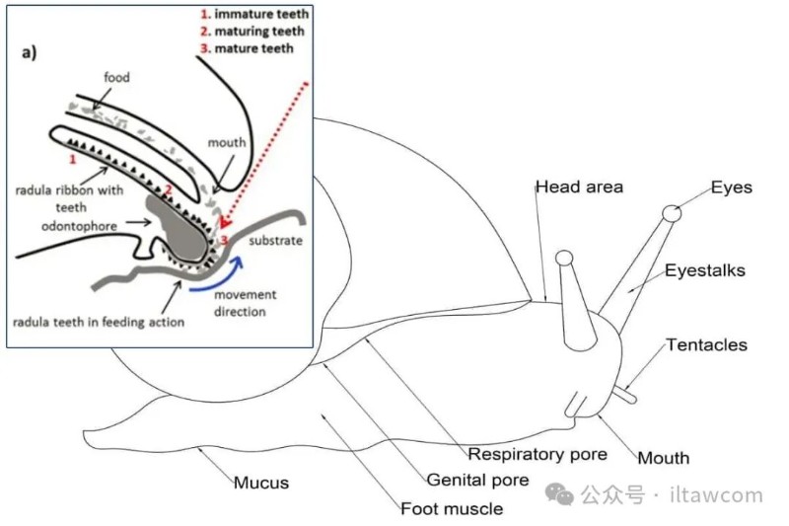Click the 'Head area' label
click(579, 188)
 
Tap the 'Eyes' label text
click(731, 187)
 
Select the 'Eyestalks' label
click(704, 269)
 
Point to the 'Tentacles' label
click(706, 345)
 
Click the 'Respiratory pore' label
click(538, 455)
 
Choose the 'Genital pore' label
click(478, 481)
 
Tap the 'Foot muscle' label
click(452, 509)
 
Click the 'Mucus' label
click(261, 483)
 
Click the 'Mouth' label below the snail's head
click(663, 458)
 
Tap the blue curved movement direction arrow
click(219, 274)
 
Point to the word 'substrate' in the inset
click(274, 240)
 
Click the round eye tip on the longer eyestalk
click(672, 212)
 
